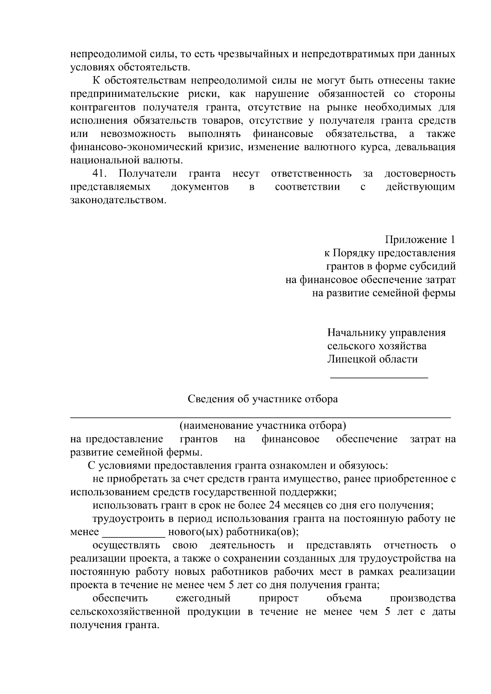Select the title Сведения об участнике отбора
263,399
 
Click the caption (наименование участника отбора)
263,426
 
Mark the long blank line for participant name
261,417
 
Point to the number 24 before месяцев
274,505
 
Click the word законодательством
119,200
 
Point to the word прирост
278,599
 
